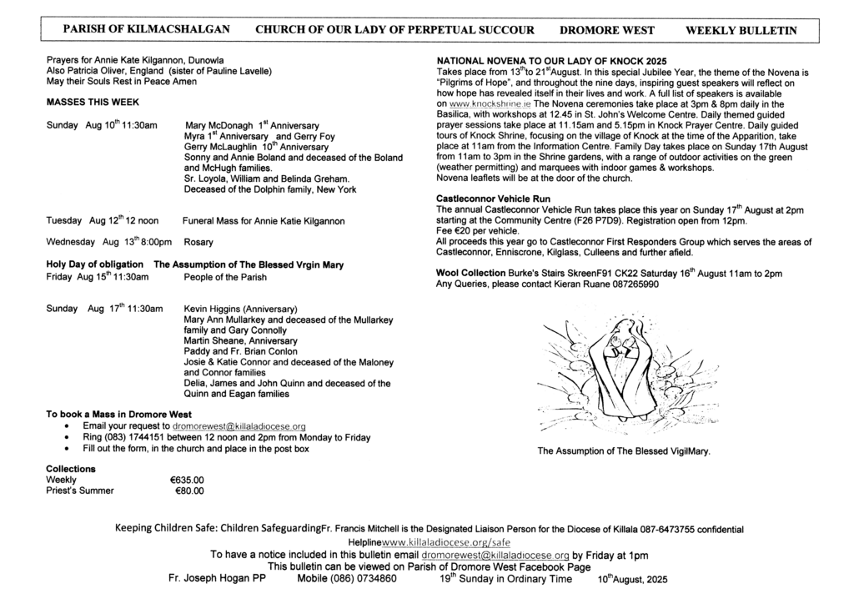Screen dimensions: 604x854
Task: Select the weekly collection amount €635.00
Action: (x=187, y=480)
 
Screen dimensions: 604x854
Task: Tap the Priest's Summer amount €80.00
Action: (x=189, y=491)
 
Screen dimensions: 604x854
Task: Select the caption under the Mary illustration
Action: (x=624, y=451)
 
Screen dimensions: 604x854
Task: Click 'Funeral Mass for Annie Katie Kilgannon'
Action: (x=263, y=221)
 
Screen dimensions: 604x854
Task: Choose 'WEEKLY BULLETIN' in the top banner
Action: (x=741, y=30)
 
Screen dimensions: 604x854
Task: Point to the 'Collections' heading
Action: (x=71, y=469)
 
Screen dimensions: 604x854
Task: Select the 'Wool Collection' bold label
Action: (x=470, y=273)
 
